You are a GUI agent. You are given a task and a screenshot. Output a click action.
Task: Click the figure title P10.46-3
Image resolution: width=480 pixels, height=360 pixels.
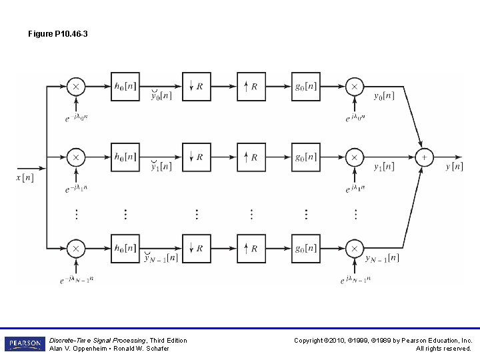[x=58, y=33]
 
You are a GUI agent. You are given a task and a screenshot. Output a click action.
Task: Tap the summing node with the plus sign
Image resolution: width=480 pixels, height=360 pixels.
[x=423, y=157]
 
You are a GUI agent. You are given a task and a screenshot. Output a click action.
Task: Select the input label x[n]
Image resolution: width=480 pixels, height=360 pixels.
[x=25, y=177]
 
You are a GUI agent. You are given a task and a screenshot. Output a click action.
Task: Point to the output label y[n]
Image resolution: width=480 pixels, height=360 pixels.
[x=454, y=166]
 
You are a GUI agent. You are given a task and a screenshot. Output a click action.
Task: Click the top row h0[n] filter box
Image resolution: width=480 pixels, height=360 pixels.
[x=125, y=87]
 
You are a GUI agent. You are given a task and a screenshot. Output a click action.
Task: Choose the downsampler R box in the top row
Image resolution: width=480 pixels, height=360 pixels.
[x=197, y=87]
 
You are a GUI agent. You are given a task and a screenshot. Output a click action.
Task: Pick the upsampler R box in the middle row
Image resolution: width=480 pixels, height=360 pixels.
[x=251, y=157]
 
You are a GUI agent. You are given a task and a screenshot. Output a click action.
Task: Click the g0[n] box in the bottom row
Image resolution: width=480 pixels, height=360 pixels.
[x=306, y=248]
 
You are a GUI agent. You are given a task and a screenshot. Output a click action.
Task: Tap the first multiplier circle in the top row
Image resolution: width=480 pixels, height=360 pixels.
[x=75, y=87]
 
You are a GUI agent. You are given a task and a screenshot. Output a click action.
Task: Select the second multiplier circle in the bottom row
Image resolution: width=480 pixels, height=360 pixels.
[x=354, y=248]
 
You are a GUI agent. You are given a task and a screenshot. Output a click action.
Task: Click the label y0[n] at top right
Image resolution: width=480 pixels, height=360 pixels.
[x=383, y=95]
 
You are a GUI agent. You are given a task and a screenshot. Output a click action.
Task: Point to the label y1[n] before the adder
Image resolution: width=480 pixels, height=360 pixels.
[x=383, y=166]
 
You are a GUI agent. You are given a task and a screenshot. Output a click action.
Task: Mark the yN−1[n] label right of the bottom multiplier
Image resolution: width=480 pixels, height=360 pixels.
[x=383, y=258]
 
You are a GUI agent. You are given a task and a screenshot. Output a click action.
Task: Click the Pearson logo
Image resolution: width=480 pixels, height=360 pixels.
[x=23, y=344]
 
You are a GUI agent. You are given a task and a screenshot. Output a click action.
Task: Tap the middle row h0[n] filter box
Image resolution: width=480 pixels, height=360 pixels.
[x=125, y=157]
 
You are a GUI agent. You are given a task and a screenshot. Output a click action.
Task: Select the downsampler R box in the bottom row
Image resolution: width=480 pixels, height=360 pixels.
[x=197, y=248]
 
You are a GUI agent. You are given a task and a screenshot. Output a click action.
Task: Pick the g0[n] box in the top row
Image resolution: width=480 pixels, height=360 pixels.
[x=306, y=87]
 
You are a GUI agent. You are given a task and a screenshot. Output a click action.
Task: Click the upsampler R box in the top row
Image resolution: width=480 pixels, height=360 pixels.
[x=251, y=87]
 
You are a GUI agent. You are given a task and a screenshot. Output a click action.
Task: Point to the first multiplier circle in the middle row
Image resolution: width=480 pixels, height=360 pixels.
[x=75, y=157]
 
